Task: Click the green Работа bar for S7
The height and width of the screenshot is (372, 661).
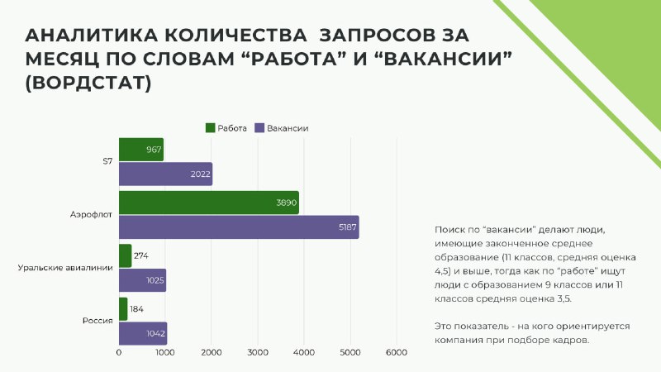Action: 141,150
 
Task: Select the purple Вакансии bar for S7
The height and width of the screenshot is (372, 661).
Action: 166,174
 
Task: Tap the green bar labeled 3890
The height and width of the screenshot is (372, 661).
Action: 209,203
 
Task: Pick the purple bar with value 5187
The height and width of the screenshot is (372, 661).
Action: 239,227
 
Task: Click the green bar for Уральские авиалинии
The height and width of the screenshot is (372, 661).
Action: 126,255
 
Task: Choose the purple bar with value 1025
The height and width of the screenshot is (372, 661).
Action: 142,280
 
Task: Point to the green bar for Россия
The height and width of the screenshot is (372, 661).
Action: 123,308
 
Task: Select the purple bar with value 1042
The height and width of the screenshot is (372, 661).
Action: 143,333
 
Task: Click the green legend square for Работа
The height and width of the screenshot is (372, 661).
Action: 211,128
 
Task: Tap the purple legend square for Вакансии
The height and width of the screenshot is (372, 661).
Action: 259,128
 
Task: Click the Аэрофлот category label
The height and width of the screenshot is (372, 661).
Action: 91,215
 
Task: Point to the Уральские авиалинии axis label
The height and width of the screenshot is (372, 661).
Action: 65,268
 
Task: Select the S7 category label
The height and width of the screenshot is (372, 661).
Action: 108,161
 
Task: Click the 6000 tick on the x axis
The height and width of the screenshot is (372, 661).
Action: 397,353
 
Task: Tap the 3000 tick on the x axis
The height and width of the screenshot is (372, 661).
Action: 258,353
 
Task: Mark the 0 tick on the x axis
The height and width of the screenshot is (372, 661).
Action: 119,353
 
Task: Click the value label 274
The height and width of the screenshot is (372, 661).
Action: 140,255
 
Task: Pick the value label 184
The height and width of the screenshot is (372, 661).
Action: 136,309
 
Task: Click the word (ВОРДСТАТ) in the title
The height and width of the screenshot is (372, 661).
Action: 88,83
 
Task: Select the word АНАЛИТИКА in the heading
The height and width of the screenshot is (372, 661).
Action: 91,35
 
